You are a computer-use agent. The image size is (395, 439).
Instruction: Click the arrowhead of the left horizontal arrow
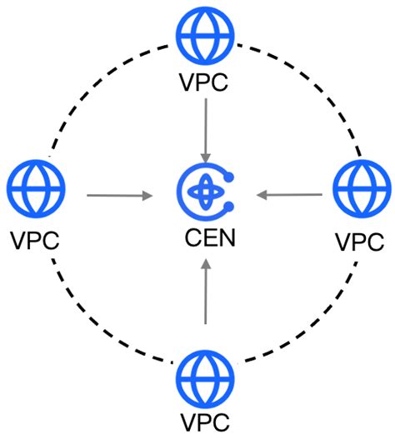[x=148, y=197]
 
